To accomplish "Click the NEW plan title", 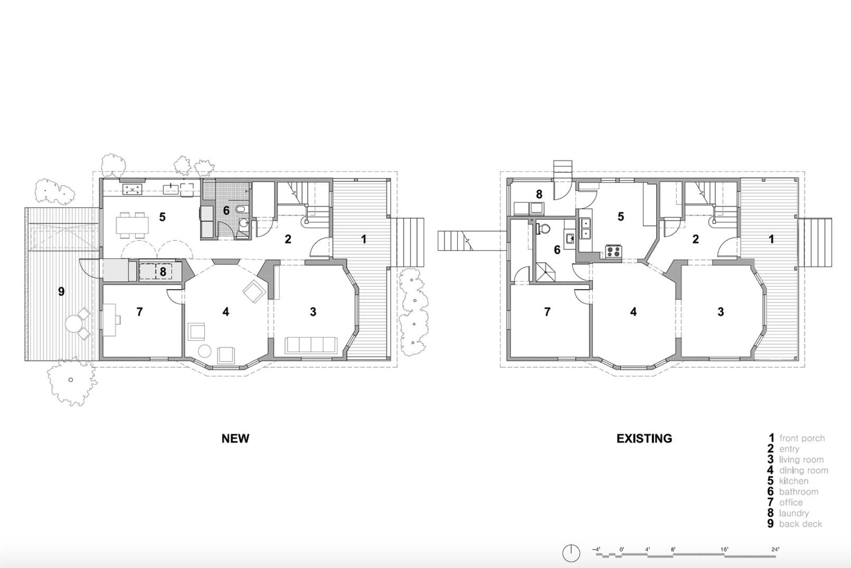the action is [x=235, y=439].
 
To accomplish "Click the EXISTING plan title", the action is [x=644, y=439].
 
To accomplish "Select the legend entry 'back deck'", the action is [x=800, y=524].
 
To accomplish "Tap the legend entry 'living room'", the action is [x=801, y=460].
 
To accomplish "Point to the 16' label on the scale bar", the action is [x=724, y=550].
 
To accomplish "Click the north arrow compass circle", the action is [x=571, y=553].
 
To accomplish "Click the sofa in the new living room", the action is [x=311, y=345].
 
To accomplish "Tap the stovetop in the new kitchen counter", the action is [x=132, y=189].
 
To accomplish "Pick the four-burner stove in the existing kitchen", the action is [x=613, y=252].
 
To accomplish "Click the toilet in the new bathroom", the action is [x=241, y=209].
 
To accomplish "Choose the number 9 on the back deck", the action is [x=61, y=292].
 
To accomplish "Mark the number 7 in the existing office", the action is [x=547, y=312].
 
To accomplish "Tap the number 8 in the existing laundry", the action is [x=538, y=194].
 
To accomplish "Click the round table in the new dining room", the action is [x=205, y=351].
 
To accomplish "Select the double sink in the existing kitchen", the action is [x=585, y=228].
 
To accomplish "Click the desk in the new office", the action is [x=110, y=319].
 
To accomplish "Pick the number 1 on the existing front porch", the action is [x=771, y=239].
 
